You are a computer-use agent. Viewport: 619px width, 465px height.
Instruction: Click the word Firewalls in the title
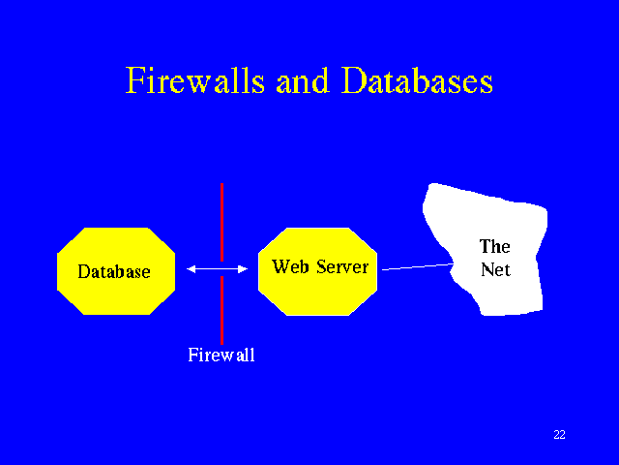[196, 80]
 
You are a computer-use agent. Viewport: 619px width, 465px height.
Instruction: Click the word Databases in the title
[417, 80]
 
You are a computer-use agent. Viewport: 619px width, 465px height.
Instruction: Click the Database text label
[114, 272]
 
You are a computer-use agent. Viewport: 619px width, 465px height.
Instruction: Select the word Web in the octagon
[288, 265]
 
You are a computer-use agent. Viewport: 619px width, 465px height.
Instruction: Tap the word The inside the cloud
[494, 247]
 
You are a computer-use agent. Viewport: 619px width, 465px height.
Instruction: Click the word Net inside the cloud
[494, 270]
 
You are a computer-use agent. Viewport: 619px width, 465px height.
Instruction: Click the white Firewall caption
[221, 356]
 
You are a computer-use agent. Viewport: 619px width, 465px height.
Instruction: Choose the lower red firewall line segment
[221, 309]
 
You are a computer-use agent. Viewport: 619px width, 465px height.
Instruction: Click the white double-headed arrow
[218, 269]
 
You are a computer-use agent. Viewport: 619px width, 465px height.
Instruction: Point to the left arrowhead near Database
[192, 269]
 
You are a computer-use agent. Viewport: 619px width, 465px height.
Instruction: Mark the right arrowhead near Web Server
[244, 269]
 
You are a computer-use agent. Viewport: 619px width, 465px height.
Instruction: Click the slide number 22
[559, 434]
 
